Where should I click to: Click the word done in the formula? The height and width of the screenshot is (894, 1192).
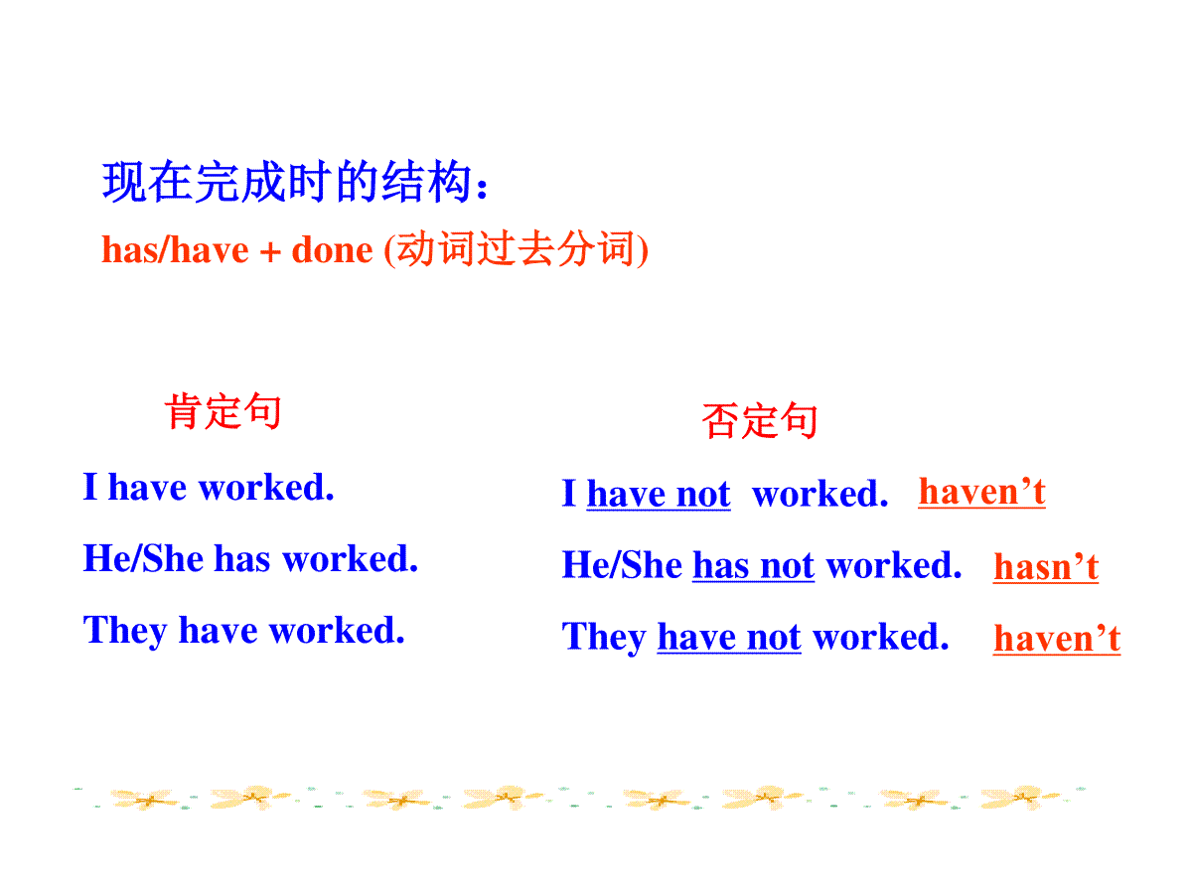click(332, 250)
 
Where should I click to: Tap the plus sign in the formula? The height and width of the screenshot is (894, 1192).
click(270, 252)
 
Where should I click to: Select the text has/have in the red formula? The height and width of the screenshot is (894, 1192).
click(175, 250)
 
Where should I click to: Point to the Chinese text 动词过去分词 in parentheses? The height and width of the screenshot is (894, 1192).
click(516, 248)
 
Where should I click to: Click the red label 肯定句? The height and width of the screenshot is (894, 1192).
click(223, 411)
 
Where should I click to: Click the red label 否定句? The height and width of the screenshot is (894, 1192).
click(759, 420)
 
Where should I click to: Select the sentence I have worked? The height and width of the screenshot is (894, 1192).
click(208, 487)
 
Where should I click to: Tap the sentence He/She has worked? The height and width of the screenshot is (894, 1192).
click(250, 558)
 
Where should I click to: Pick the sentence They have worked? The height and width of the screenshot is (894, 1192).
click(243, 632)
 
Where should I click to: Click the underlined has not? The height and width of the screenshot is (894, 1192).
click(753, 565)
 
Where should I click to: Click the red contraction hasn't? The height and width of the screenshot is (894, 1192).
click(1045, 567)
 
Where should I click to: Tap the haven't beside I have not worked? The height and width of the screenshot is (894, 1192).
click(981, 493)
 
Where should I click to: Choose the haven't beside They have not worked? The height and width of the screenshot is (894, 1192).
click(1056, 639)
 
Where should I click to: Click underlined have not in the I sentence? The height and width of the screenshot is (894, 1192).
click(659, 494)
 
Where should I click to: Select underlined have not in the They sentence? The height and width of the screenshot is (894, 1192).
click(729, 638)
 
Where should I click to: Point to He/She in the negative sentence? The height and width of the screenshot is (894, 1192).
click(622, 564)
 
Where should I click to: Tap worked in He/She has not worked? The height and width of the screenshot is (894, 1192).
click(893, 565)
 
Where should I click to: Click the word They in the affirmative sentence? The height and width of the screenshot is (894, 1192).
click(125, 632)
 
